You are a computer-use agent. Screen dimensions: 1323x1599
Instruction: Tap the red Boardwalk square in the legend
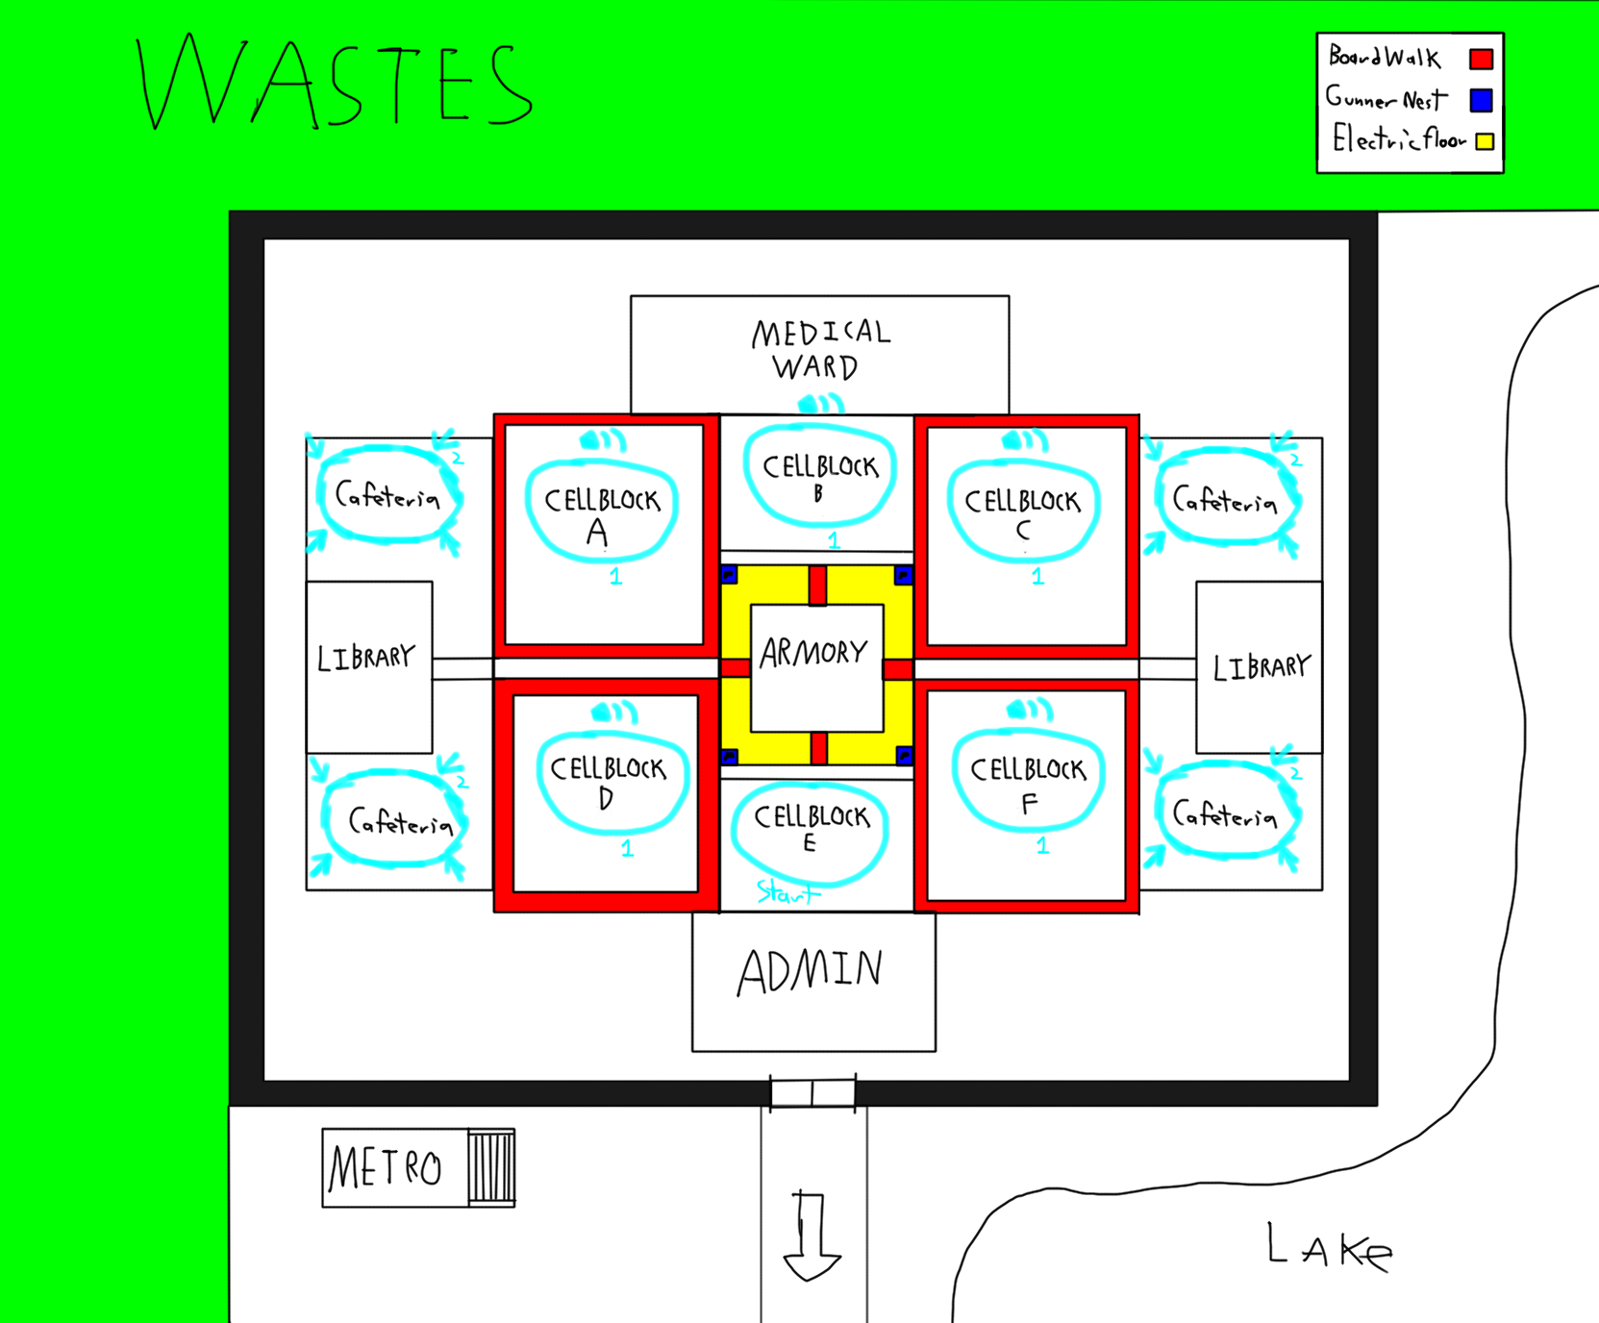(x=1481, y=60)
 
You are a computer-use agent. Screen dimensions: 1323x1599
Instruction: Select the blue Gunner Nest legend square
(x=1481, y=100)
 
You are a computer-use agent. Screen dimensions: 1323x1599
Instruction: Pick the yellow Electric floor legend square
(x=1485, y=141)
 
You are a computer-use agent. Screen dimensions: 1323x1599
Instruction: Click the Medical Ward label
(x=820, y=349)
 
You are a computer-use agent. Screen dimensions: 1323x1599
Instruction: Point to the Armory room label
(x=814, y=654)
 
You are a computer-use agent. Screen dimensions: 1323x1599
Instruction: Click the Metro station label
(x=386, y=1169)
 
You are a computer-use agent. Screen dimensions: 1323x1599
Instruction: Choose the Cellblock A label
(x=602, y=514)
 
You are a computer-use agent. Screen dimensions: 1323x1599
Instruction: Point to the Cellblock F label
(x=1028, y=784)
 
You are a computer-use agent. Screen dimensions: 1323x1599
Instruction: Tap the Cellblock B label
(x=820, y=477)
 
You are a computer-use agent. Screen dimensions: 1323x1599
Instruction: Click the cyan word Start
(x=787, y=893)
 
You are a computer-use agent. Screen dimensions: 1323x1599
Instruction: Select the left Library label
(x=366, y=658)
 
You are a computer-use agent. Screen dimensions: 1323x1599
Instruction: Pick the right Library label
(x=1262, y=666)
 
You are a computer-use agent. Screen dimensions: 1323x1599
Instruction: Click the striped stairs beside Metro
(x=492, y=1167)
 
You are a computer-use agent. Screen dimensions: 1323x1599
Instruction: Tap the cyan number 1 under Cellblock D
(x=627, y=849)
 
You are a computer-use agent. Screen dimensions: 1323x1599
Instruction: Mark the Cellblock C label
(x=1023, y=513)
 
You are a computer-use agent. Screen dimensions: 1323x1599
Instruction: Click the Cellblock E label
(x=812, y=828)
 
